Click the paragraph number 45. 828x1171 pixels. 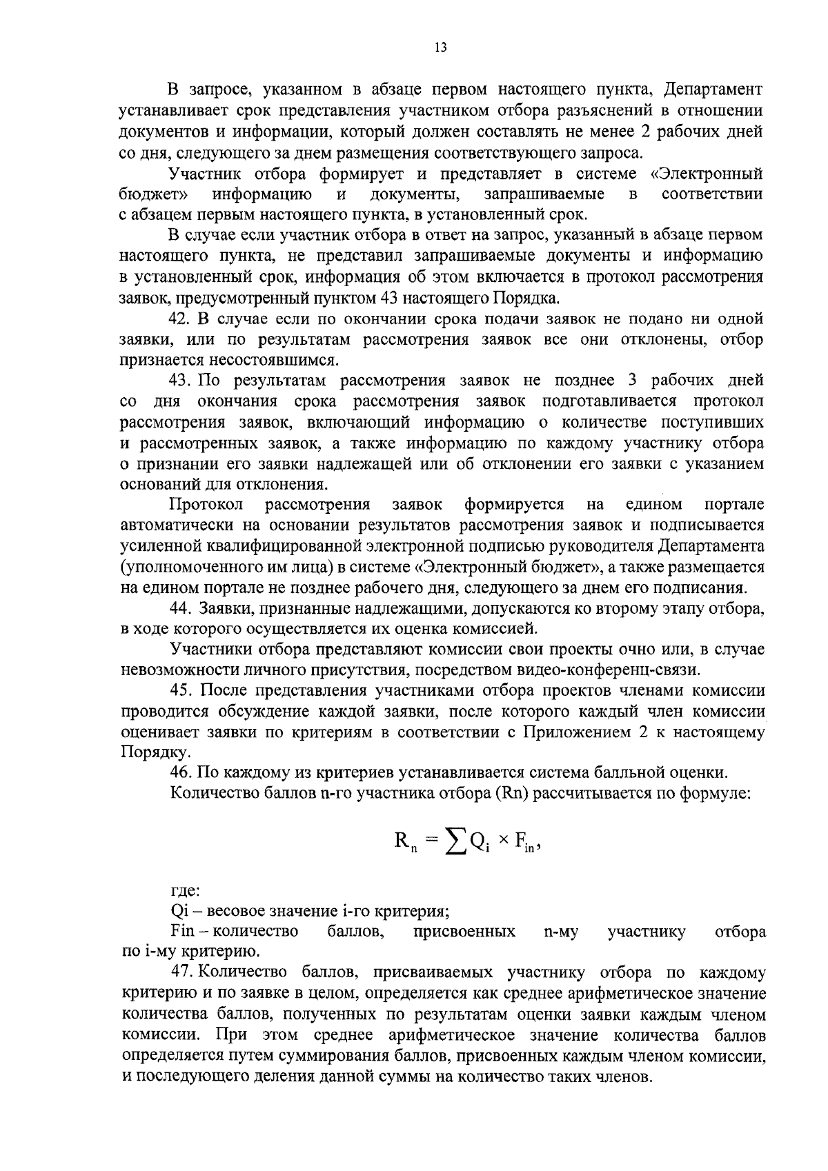[180, 691]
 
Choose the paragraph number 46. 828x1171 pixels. [180, 772]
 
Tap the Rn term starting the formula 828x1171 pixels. [404, 841]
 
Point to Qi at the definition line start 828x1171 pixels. [179, 911]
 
